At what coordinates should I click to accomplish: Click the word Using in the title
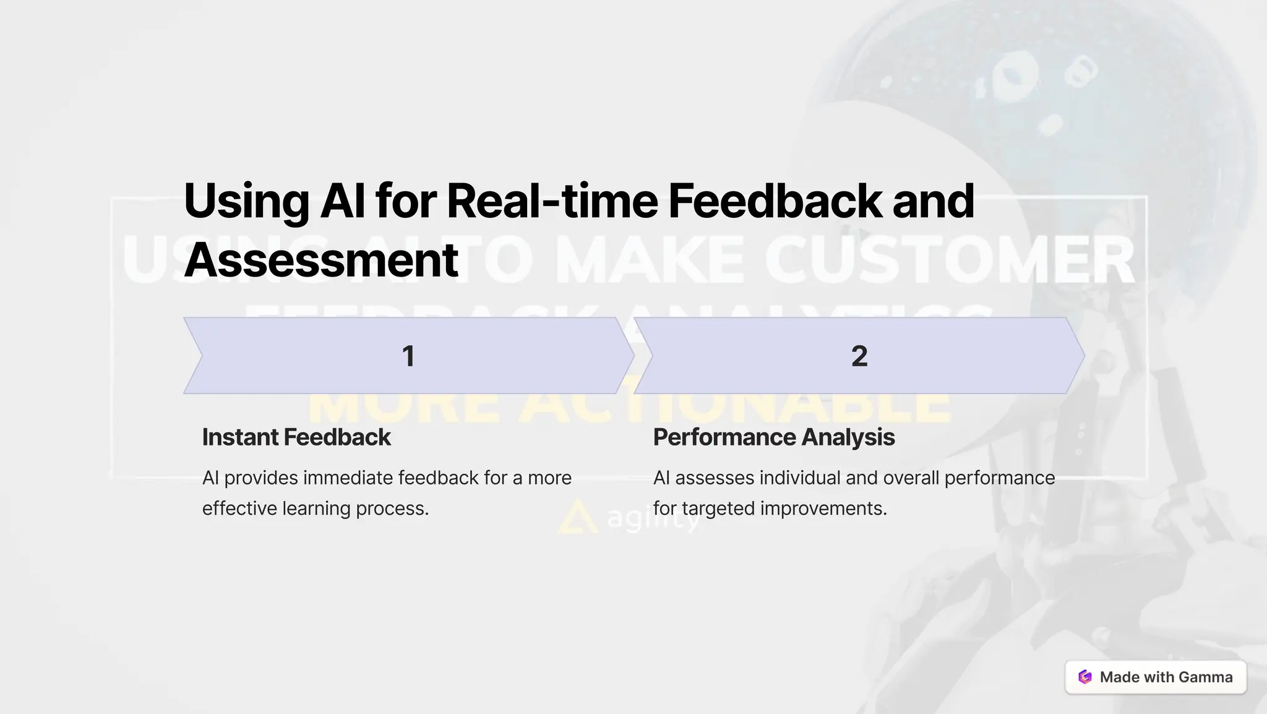[x=246, y=202]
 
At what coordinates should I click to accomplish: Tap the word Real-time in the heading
[x=552, y=202]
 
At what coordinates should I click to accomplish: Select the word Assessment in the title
[x=321, y=260]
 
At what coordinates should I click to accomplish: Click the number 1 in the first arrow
[x=408, y=356]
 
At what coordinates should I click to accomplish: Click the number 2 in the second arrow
[x=859, y=356]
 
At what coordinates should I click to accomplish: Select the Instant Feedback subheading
[x=296, y=437]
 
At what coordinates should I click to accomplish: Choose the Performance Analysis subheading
[x=774, y=437]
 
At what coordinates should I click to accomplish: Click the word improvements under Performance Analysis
[x=823, y=508]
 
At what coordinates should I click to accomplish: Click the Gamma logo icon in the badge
[x=1085, y=677]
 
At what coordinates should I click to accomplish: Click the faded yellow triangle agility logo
[x=577, y=518]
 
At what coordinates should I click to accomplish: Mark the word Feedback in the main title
[x=775, y=202]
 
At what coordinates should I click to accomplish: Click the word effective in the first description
[x=239, y=508]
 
